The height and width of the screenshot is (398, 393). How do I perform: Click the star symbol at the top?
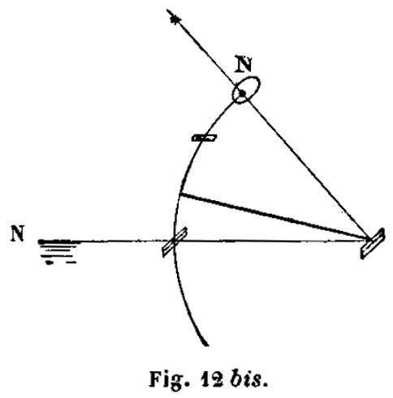pyautogui.click(x=175, y=19)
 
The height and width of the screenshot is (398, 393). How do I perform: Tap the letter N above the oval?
pyautogui.click(x=243, y=63)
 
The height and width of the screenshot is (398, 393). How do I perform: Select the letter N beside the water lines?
pyautogui.click(x=17, y=233)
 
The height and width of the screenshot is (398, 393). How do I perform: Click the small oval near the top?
pyautogui.click(x=246, y=90)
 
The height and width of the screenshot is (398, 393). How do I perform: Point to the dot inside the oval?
pyautogui.click(x=242, y=93)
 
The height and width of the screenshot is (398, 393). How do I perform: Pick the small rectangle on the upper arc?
pyautogui.click(x=204, y=138)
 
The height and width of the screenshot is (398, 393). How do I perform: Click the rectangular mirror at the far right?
pyautogui.click(x=373, y=243)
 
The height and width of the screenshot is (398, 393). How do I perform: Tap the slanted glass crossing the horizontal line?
pyautogui.click(x=175, y=242)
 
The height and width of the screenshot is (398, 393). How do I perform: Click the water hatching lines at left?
pyautogui.click(x=58, y=251)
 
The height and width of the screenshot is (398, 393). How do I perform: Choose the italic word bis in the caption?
pyautogui.click(x=248, y=379)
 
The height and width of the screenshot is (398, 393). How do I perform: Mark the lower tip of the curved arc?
pyautogui.click(x=207, y=345)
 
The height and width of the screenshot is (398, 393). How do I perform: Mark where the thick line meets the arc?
pyautogui.click(x=180, y=194)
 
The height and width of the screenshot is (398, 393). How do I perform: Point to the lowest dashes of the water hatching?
pyautogui.click(x=61, y=263)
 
